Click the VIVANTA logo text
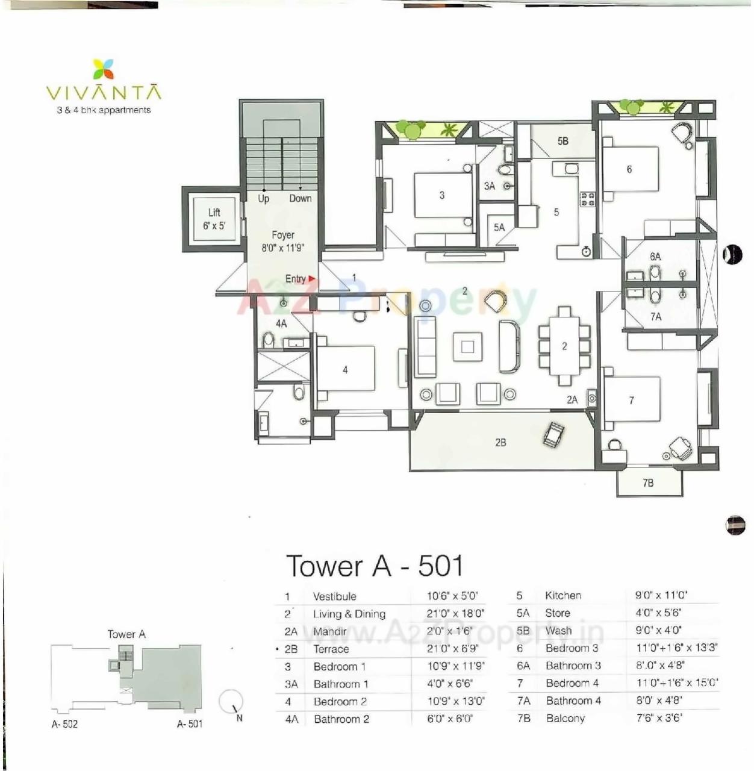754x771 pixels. point(104,93)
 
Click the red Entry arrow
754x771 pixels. point(312,279)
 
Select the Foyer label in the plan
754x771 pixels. point(283,236)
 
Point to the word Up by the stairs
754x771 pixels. point(264,199)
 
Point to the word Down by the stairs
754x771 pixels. point(300,199)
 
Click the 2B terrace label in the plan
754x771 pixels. point(500,443)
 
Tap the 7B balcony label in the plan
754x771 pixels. point(648,482)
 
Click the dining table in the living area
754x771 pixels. point(564,346)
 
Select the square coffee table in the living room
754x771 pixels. point(468,346)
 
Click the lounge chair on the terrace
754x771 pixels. point(553,434)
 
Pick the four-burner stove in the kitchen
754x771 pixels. point(587,199)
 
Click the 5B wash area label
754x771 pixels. point(562,141)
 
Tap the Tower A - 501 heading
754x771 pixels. point(375,566)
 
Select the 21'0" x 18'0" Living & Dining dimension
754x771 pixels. point(455,614)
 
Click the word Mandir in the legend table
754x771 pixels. point(330,631)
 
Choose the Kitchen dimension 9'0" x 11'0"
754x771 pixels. point(661,595)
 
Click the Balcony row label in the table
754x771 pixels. point(565,718)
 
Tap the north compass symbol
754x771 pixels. point(230,701)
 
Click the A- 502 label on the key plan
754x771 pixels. point(64,724)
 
